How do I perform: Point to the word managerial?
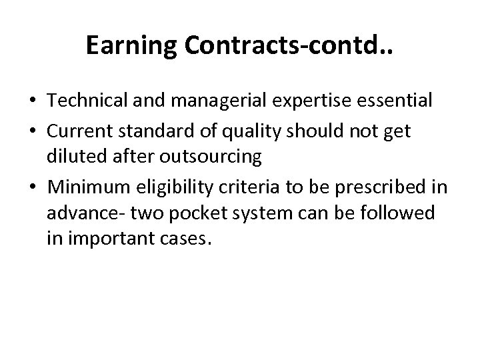(204, 101)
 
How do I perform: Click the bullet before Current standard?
(32, 132)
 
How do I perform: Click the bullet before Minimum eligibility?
(32, 188)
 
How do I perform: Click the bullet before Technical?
(32, 101)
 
